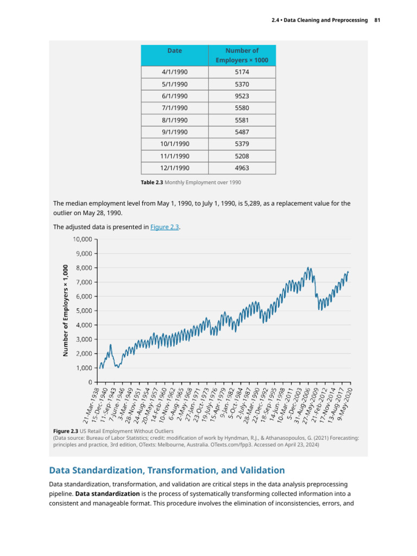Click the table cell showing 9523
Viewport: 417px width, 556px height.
tap(242, 96)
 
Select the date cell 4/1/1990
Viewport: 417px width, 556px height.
tap(174, 72)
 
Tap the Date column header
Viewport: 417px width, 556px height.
tap(174, 50)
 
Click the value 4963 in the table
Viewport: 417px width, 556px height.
tap(242, 168)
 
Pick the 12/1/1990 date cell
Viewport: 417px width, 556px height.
tap(174, 168)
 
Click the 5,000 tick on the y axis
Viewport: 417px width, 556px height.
tap(84, 311)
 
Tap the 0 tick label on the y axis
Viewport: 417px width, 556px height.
tap(91, 382)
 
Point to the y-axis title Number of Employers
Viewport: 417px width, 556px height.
tap(65, 310)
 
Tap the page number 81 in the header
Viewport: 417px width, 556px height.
tap(377, 20)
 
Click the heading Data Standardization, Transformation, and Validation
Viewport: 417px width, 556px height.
tap(167, 470)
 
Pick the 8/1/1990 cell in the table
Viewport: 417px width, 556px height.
tap(174, 120)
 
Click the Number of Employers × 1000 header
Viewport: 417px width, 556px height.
tap(242, 55)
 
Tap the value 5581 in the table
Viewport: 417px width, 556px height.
tap(242, 120)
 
